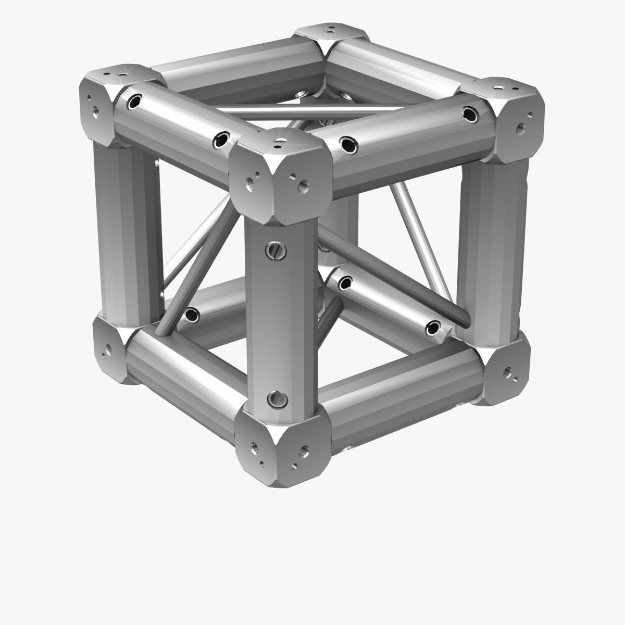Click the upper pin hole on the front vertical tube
277,252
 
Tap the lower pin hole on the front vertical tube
277,399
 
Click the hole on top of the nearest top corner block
281,140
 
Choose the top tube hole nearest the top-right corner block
470,114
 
